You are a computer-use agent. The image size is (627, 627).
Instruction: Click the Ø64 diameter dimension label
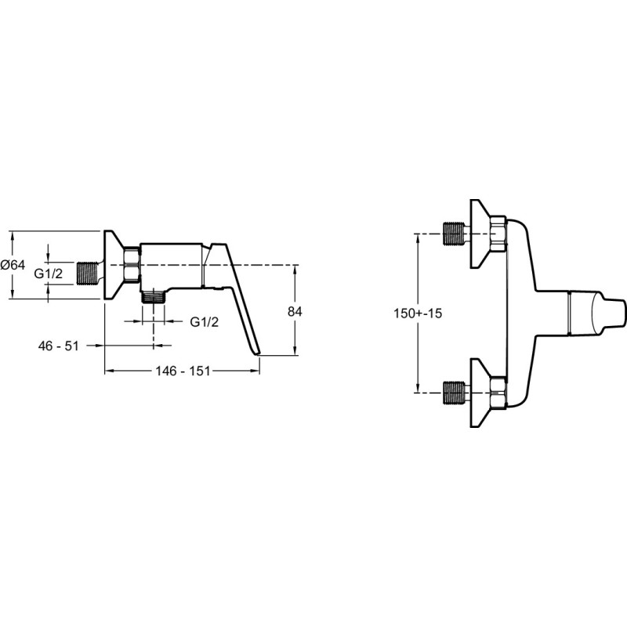point(13,265)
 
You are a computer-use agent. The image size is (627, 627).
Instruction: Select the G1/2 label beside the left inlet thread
point(49,274)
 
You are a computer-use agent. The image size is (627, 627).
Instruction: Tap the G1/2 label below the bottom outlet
point(205,321)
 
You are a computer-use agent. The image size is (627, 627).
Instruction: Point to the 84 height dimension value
point(295,311)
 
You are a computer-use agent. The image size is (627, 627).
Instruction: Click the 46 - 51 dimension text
point(58,346)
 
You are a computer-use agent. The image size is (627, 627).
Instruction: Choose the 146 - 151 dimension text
point(183,371)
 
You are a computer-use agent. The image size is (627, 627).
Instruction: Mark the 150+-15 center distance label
point(418,313)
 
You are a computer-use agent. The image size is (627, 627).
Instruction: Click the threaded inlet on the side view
point(87,274)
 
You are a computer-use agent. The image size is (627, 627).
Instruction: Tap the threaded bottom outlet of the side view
point(154,298)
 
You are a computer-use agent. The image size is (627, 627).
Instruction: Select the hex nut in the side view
point(132,264)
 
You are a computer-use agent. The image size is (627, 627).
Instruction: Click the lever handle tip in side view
point(256,353)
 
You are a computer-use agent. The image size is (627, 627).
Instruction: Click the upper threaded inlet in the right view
point(455,234)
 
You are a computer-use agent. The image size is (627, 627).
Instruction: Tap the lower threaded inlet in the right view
point(455,393)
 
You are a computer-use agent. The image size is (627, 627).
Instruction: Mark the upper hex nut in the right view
point(499,234)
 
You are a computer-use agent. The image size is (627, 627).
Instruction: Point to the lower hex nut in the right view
point(499,393)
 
